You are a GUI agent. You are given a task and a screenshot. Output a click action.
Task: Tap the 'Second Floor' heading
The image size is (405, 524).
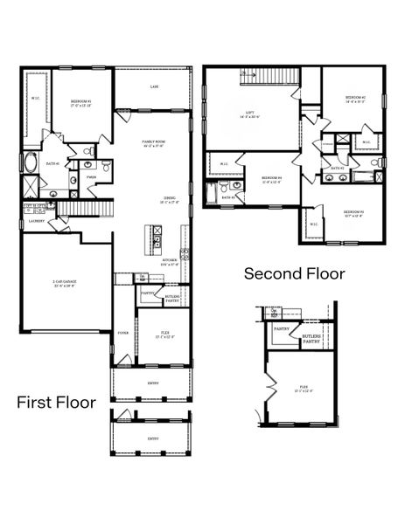[x=294, y=274]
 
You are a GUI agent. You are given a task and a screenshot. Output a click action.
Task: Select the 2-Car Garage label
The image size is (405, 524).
[x=59, y=284]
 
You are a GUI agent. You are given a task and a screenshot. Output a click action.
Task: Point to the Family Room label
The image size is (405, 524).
[x=155, y=143]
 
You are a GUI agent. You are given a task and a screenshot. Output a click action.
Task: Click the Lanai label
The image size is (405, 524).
[x=154, y=86]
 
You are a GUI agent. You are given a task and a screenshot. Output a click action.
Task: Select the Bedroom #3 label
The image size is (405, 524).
[x=353, y=212]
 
